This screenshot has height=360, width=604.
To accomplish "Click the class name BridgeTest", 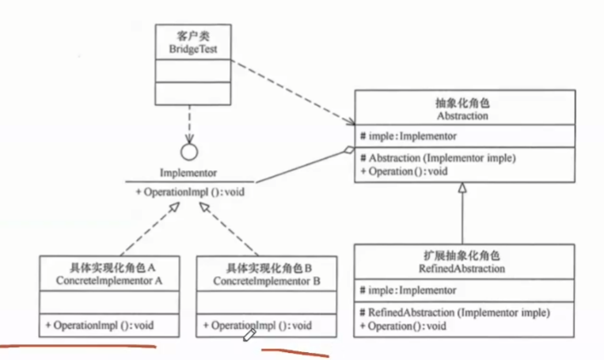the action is pyautogui.click(x=193, y=49).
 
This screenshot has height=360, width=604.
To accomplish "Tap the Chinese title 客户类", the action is pyautogui.click(x=193, y=36).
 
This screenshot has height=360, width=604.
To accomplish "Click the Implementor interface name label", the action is pyautogui.click(x=188, y=172).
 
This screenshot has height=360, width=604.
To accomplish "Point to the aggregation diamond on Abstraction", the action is pyautogui.click(x=349, y=150).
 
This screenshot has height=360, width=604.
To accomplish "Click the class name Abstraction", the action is pyautogui.click(x=462, y=116).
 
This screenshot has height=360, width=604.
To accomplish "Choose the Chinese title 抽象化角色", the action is pyautogui.click(x=462, y=103).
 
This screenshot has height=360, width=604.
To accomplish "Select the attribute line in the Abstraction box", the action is pyautogui.click(x=408, y=136).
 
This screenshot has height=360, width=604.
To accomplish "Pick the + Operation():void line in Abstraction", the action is pyautogui.click(x=404, y=172).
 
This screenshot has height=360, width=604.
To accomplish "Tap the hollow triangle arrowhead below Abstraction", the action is pyautogui.click(x=462, y=188).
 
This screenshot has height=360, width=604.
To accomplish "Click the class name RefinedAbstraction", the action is pyautogui.click(x=462, y=268).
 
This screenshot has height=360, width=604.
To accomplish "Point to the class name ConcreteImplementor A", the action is pyautogui.click(x=109, y=281).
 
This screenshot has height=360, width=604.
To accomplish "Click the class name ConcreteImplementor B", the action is pyautogui.click(x=267, y=281).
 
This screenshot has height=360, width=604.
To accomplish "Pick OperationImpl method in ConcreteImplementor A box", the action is pyautogui.click(x=100, y=325).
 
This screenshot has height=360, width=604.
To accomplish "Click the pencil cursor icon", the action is pyautogui.click(x=249, y=335).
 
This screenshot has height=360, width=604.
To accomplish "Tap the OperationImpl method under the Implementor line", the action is pyautogui.click(x=190, y=191).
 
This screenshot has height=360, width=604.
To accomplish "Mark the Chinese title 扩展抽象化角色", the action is pyautogui.click(x=462, y=256).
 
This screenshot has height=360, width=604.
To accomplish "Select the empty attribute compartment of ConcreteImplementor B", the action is pyautogui.click(x=267, y=302).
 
